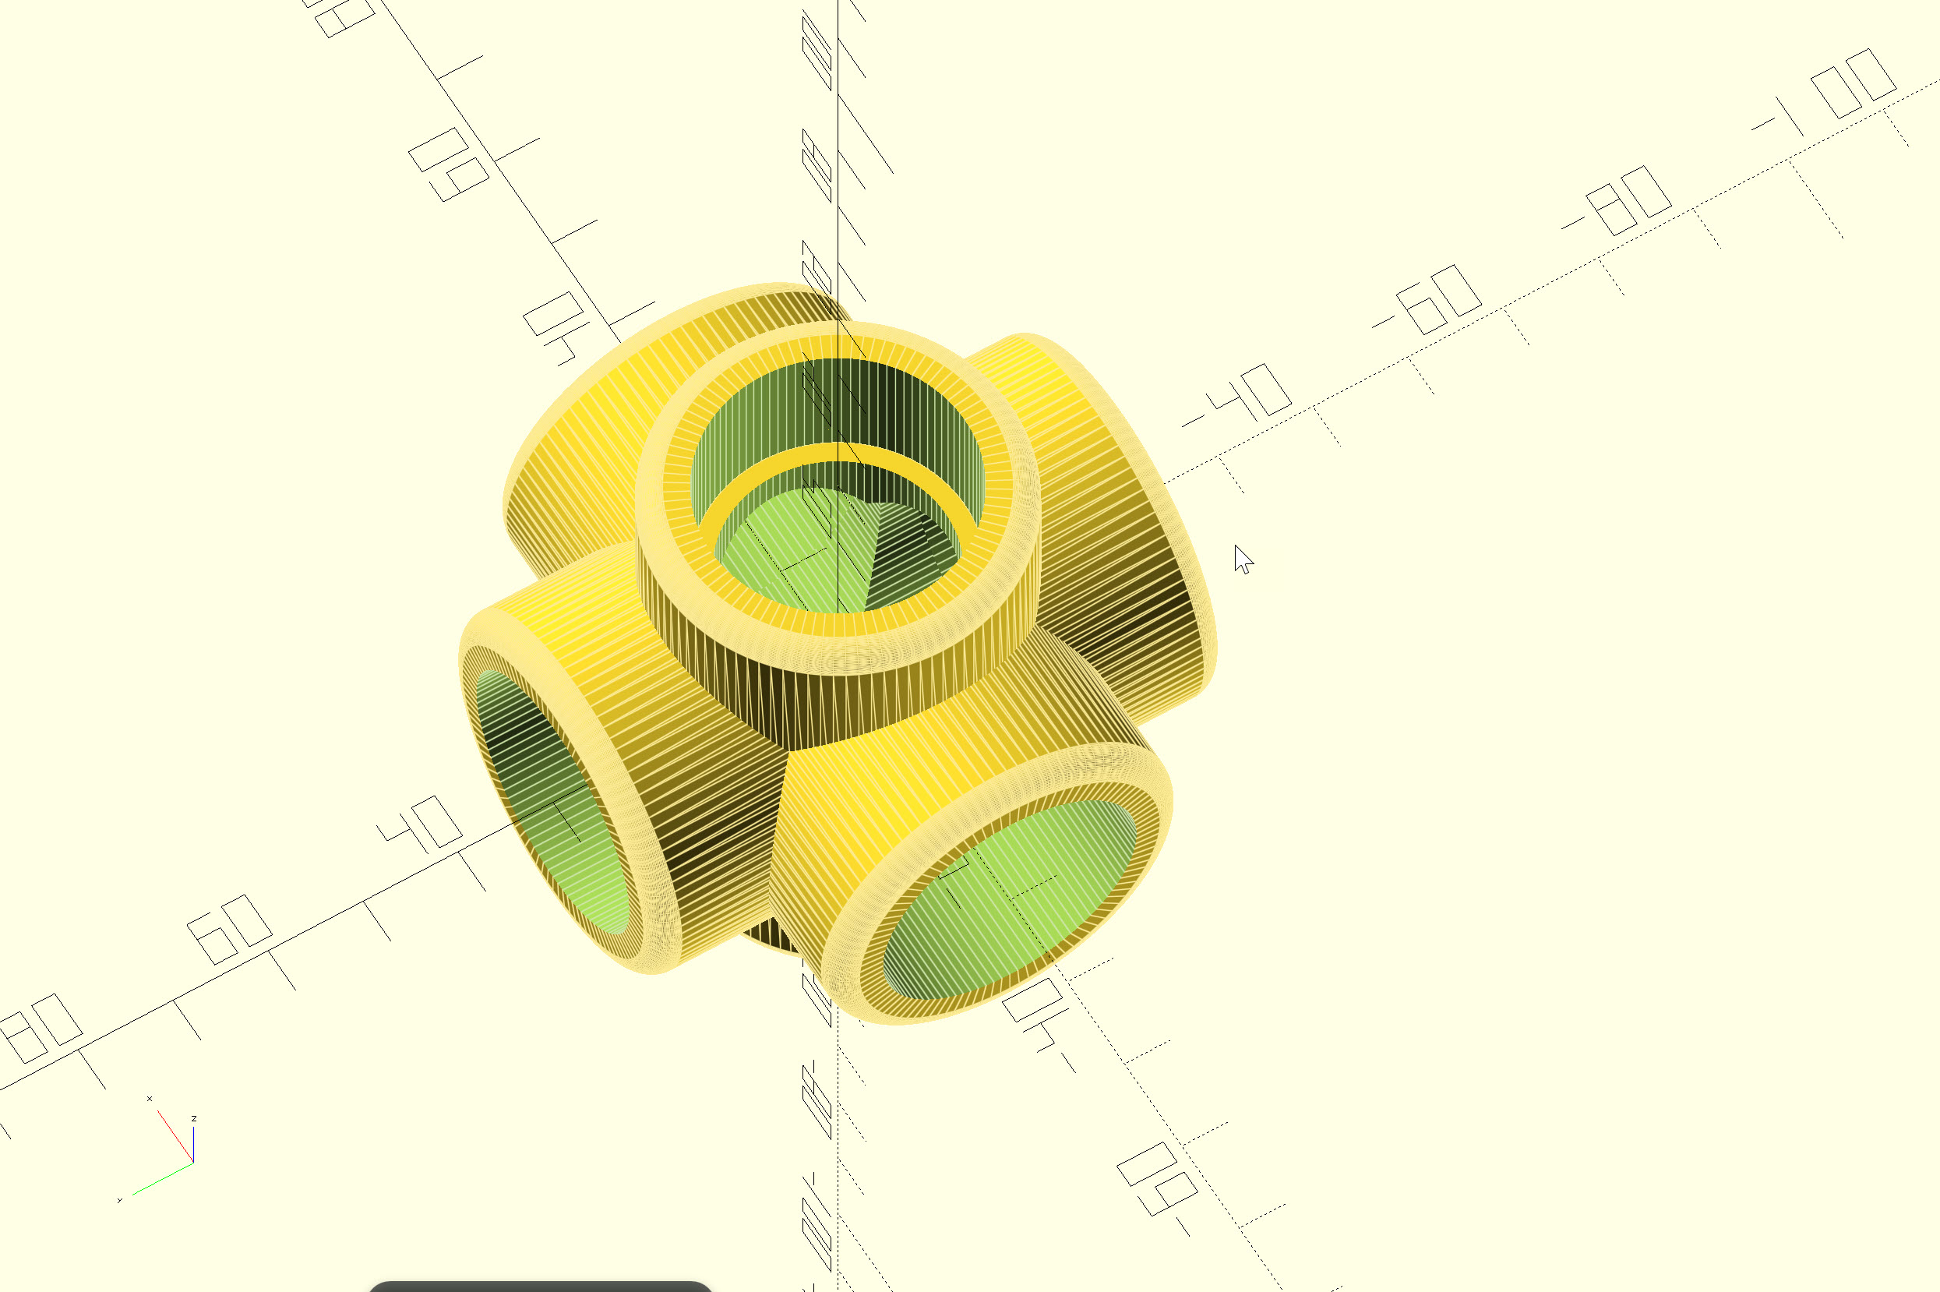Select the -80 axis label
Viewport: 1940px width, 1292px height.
tap(1618, 203)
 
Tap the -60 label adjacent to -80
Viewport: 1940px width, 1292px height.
tap(1428, 301)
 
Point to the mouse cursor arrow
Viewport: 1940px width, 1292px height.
tap(1242, 559)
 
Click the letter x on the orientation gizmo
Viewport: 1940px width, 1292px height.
tap(149, 1099)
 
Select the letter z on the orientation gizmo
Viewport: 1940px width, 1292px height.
tap(193, 1118)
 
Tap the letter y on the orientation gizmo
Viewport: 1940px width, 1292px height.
tap(119, 1201)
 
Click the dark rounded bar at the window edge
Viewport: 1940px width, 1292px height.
tap(540, 1287)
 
